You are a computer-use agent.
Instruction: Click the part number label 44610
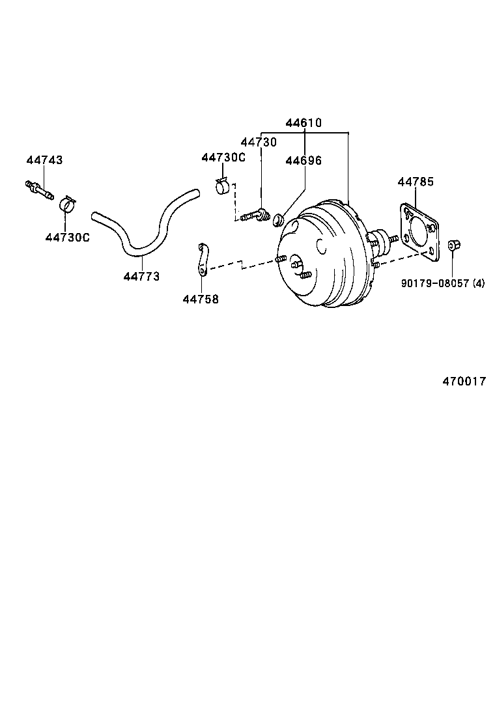coord(304,122)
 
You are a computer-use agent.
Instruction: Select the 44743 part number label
coord(45,160)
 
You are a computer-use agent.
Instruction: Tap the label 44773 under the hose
coord(141,277)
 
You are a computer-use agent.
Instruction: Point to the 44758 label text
coord(201,299)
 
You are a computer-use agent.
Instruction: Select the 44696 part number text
coord(303,161)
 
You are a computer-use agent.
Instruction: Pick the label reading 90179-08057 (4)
coord(444,283)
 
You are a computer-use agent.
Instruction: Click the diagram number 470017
coord(464,382)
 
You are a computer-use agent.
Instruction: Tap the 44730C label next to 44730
coord(223,158)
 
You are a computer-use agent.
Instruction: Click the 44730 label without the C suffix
coord(259,142)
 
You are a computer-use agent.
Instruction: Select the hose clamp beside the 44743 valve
coord(67,204)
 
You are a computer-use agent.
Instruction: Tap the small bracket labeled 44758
coord(203,258)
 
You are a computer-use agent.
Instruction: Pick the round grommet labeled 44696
coord(276,216)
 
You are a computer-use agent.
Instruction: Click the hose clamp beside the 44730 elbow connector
coord(223,186)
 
